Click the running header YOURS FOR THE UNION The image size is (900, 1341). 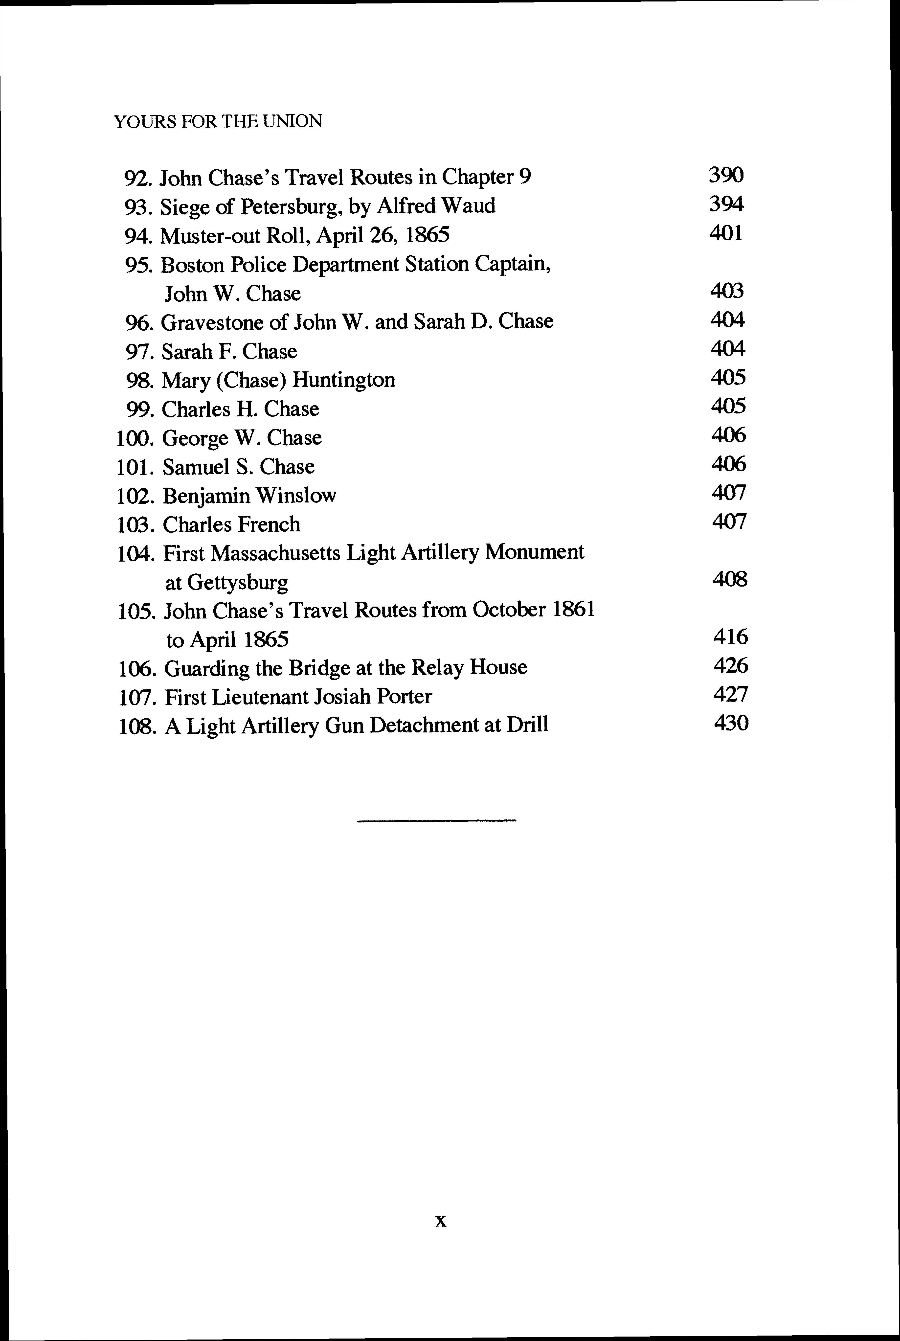218,121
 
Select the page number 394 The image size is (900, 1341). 726,204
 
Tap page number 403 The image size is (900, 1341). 727,291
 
